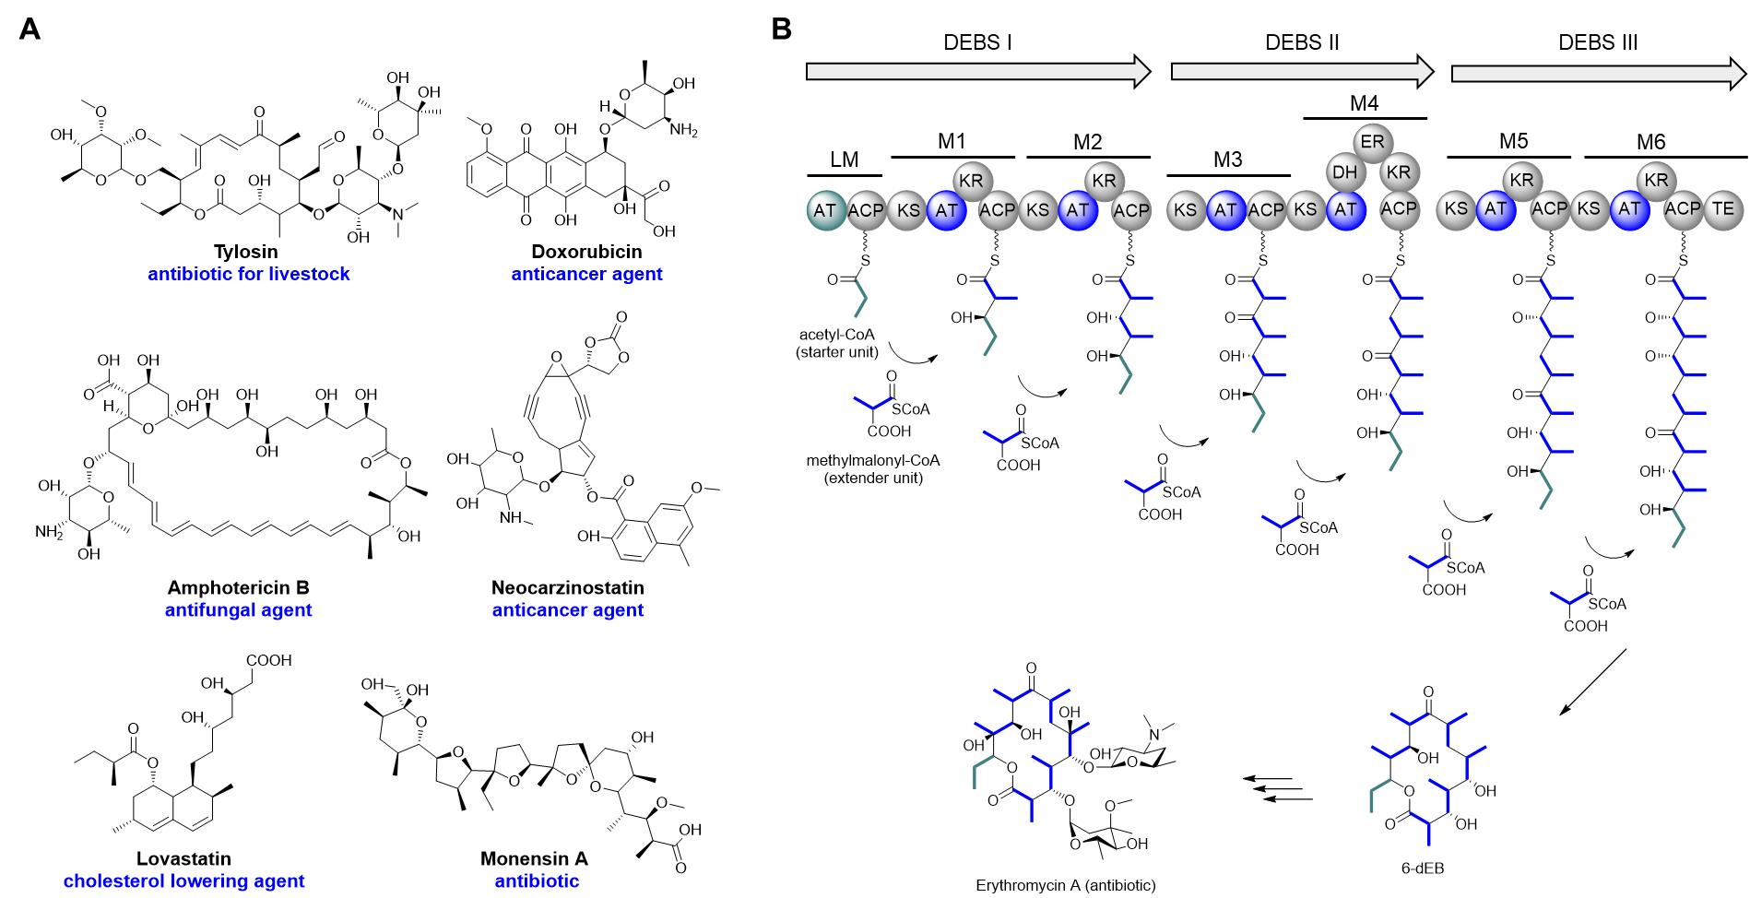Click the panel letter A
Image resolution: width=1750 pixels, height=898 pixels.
[30, 30]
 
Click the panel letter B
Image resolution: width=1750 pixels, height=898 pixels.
[780, 30]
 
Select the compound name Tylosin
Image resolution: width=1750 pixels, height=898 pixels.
[245, 252]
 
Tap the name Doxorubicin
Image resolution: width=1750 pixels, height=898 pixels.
[586, 252]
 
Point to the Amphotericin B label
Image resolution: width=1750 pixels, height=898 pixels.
[238, 587]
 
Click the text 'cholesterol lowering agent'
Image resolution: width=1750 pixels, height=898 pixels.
[183, 880]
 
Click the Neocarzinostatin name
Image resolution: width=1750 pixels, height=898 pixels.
[567, 587]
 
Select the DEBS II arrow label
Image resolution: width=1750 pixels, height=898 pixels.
[1301, 42]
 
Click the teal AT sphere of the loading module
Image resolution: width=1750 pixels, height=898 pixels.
[824, 210]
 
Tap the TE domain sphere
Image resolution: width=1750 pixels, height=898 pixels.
[1723, 209]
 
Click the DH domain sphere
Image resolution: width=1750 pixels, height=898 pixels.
[1343, 172]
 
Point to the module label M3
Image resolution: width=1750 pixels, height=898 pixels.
[1227, 160]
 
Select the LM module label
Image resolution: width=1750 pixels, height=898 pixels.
[844, 160]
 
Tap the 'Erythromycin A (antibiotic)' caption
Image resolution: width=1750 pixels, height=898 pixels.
[1065, 885]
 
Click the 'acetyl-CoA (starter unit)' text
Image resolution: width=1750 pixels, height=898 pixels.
[837, 344]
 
